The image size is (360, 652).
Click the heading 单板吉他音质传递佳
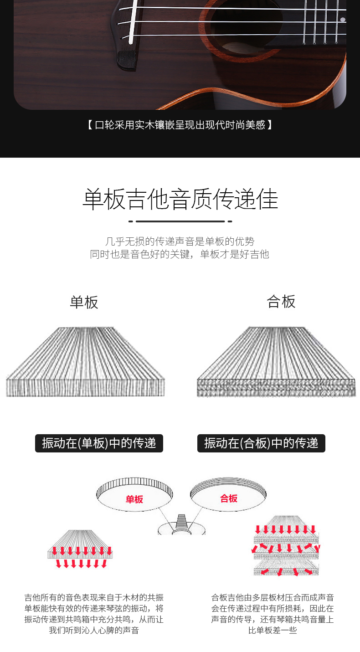point(180,199)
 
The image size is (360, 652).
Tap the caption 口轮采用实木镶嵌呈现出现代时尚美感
point(180,124)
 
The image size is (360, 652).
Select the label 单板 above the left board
point(84,302)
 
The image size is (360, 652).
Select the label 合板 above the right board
point(281,302)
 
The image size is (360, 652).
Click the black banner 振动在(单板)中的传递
point(99,443)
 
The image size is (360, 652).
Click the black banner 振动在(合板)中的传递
point(261,443)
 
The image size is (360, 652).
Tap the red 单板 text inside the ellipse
point(134,499)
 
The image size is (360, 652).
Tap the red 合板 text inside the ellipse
point(229,498)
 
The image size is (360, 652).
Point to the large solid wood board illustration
point(85,362)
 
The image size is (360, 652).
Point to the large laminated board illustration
point(276,362)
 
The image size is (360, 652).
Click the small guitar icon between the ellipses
point(181,525)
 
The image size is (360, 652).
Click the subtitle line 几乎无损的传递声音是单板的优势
point(180,241)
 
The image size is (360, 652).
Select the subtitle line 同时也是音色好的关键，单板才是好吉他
point(180,254)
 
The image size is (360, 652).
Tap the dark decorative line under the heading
point(180,221)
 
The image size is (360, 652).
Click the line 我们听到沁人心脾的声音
point(94,631)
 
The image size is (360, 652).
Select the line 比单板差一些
point(273,631)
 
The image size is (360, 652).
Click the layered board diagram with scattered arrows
point(285,546)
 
